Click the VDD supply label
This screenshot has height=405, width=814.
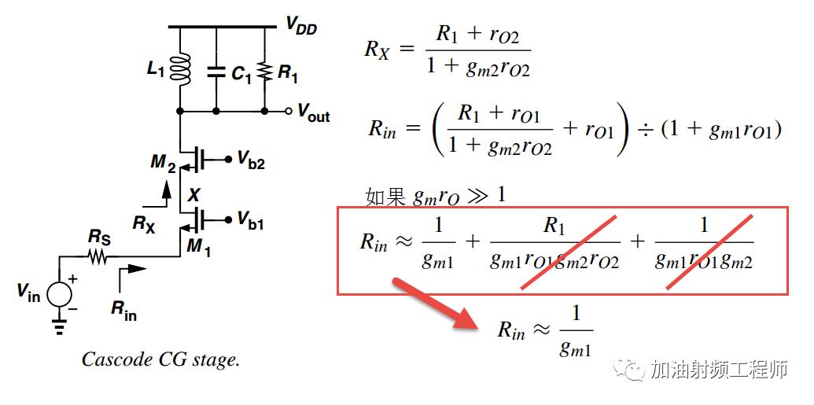tap(301, 25)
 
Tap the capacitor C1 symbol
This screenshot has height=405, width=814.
tap(216, 72)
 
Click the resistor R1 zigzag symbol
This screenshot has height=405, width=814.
tap(265, 72)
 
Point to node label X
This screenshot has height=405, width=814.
tap(193, 195)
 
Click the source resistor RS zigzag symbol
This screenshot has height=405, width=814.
tap(98, 256)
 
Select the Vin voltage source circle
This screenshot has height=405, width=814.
tap(59, 295)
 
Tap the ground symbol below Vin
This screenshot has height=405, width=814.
tap(59, 326)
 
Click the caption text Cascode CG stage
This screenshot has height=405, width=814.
tap(161, 359)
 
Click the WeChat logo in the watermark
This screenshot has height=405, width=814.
tap(628, 369)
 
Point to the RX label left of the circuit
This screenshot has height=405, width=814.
tap(144, 224)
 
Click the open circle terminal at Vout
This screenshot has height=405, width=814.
tap(289, 111)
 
